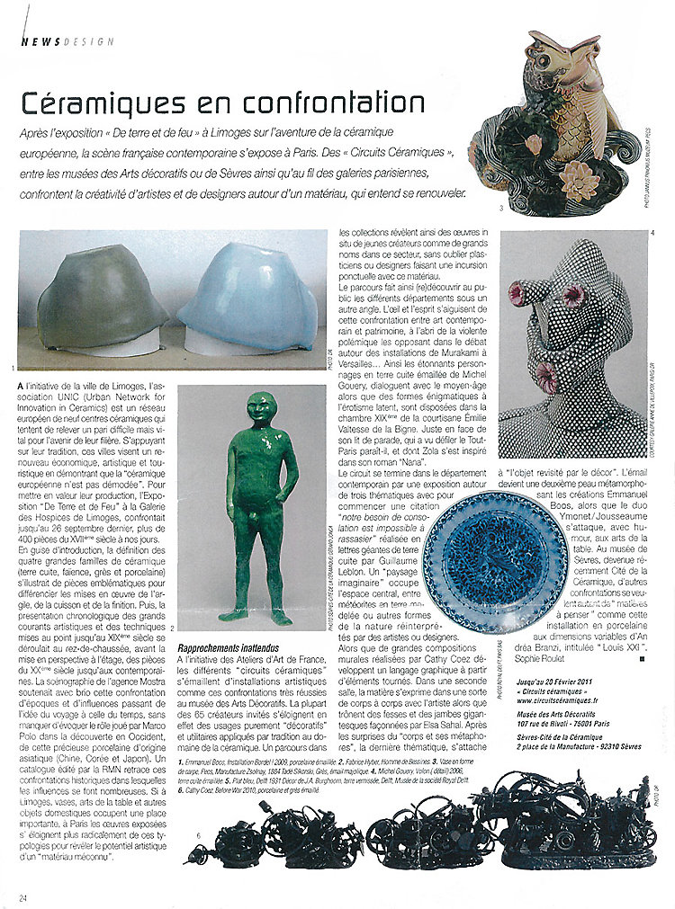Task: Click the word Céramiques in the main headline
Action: [x=99, y=102]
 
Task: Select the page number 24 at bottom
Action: [x=23, y=896]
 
